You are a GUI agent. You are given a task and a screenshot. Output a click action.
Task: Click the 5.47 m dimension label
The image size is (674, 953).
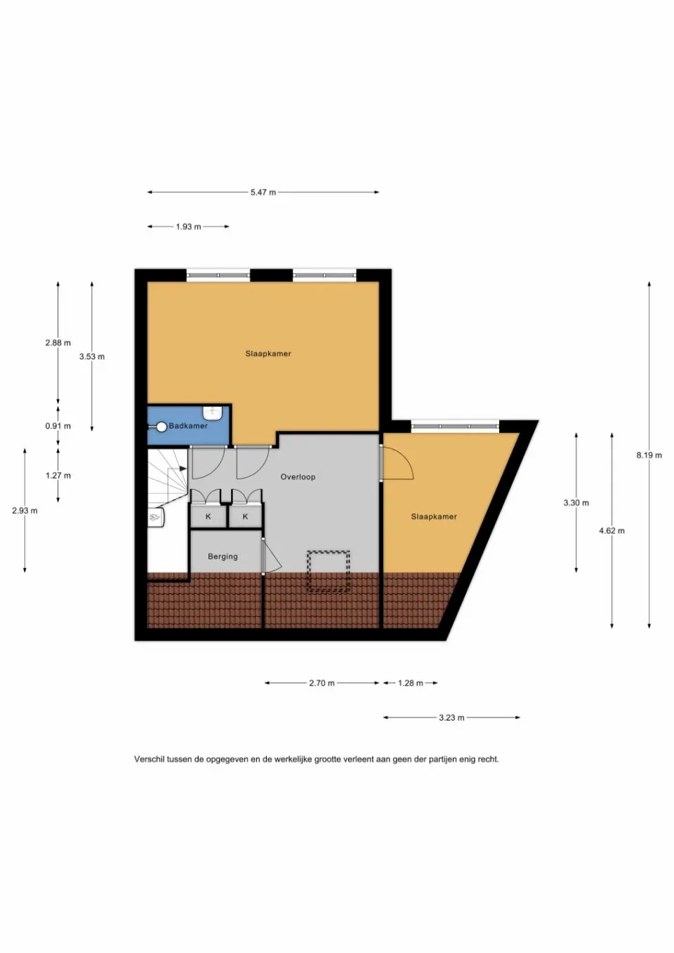pos(263,192)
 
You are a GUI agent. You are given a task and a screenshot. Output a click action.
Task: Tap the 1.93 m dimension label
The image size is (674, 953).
pos(188,227)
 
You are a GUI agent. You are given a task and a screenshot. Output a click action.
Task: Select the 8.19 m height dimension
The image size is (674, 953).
pos(649,455)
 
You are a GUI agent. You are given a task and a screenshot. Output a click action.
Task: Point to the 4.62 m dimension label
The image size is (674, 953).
pos(612,531)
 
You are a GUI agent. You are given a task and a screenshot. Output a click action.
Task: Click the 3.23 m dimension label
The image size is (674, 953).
pos(452,718)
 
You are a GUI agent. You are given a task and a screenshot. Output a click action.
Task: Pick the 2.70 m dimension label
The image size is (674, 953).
pos(322,684)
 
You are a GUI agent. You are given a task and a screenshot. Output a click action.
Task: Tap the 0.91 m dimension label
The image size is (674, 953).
pos(58,426)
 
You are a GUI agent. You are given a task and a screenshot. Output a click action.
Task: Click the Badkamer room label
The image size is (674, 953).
pos(188,425)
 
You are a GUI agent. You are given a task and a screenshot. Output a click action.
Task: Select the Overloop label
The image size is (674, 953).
pos(298,477)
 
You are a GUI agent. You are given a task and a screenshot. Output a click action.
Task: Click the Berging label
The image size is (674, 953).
pos(223,557)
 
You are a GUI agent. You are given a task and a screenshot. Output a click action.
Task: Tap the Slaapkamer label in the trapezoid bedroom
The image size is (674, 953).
pos(434,517)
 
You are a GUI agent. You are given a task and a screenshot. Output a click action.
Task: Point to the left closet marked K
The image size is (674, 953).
pos(208,517)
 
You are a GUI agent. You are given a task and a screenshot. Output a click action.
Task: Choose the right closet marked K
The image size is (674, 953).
pos(245,517)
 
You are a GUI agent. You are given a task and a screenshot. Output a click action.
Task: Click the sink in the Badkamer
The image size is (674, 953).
pos(211,413)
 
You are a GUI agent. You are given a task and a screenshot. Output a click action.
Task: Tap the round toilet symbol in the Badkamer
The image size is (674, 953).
pos(161,427)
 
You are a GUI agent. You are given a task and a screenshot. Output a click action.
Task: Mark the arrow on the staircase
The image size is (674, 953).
pos(178,468)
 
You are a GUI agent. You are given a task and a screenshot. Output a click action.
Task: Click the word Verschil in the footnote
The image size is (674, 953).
pos(149,759)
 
